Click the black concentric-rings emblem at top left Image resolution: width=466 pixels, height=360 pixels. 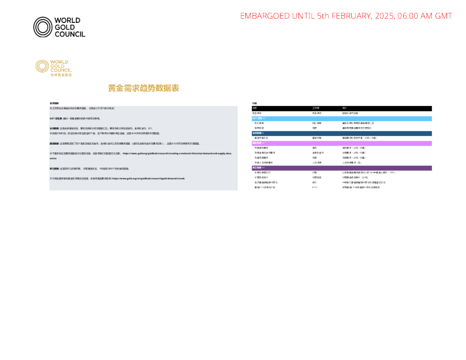(x=42, y=27)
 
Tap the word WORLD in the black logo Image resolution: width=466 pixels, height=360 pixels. (x=67, y=21)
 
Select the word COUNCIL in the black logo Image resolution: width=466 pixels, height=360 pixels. (x=69, y=34)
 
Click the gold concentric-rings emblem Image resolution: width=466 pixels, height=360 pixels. (x=42, y=66)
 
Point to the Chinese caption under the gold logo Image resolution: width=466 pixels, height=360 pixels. (x=61, y=75)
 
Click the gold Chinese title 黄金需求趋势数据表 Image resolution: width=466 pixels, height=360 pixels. (x=143, y=88)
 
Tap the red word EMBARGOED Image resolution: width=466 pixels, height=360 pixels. (x=265, y=16)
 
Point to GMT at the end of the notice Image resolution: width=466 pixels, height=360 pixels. (x=442, y=16)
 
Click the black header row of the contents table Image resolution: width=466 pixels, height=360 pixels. (x=341, y=109)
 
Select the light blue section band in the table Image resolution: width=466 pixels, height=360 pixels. (x=341, y=118)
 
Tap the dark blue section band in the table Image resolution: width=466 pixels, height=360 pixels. (x=341, y=133)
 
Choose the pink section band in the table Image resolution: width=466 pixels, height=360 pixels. (x=341, y=143)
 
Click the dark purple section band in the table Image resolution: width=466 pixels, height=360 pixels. (x=341, y=168)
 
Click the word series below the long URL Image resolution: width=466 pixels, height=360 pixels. (x=52, y=158)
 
